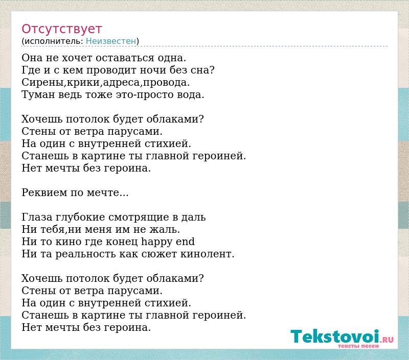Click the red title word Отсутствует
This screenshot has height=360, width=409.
61,29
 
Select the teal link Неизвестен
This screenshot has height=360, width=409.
111,41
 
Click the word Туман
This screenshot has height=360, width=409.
38,94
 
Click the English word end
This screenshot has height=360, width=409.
185,242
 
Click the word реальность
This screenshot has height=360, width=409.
85,254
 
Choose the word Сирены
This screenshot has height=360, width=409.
42,82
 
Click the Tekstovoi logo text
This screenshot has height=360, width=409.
335,337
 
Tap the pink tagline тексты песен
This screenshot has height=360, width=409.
358,346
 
